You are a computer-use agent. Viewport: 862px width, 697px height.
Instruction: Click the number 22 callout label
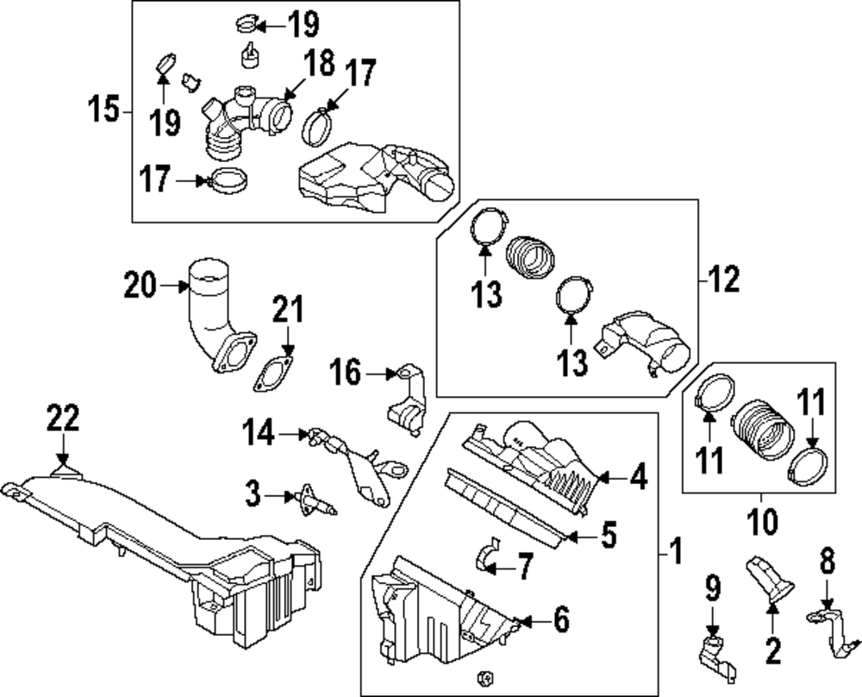62,420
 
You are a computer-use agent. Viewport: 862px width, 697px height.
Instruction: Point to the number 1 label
677,549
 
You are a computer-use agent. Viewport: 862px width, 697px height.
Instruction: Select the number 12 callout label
724,279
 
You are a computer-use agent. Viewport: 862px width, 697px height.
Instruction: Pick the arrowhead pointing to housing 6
519,620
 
